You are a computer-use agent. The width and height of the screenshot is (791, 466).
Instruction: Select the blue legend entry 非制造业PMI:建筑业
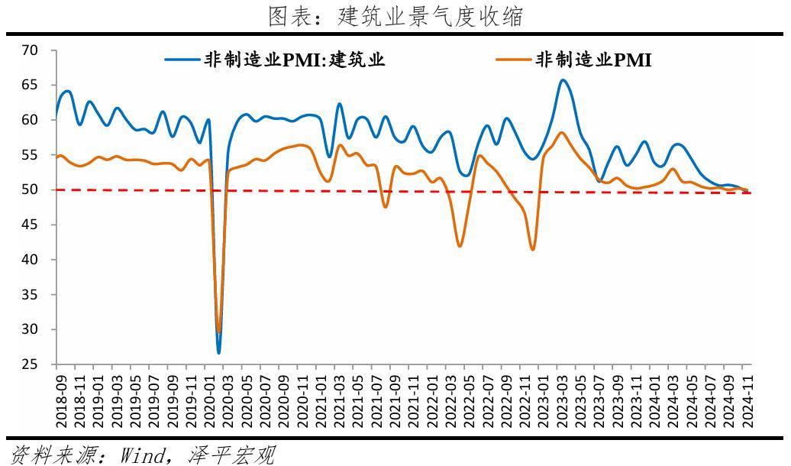tap(274, 60)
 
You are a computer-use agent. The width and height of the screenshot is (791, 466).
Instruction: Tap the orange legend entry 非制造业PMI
tap(573, 60)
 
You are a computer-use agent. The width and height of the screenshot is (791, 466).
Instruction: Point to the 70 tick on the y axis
tap(30, 50)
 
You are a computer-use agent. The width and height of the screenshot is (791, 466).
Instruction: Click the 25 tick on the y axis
tap(30, 364)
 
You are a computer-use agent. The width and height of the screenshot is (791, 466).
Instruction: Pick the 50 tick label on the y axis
tap(30, 189)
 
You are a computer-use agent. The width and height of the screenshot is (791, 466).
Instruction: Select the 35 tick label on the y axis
tap(30, 294)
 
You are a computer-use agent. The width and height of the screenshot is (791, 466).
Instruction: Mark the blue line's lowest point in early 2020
tap(218, 352)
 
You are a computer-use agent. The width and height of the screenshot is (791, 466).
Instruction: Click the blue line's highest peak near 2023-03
tap(563, 79)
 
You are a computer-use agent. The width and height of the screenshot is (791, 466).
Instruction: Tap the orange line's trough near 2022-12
tap(533, 249)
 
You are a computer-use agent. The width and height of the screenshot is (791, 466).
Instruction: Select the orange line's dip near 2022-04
tap(460, 246)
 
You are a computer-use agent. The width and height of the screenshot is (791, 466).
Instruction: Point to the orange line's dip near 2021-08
tap(386, 207)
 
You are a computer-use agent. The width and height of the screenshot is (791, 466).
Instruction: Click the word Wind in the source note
tap(142, 455)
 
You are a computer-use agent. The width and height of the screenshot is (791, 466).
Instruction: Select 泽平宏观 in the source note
tap(231, 455)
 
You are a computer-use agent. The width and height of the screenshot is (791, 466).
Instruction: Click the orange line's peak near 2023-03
tap(562, 132)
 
